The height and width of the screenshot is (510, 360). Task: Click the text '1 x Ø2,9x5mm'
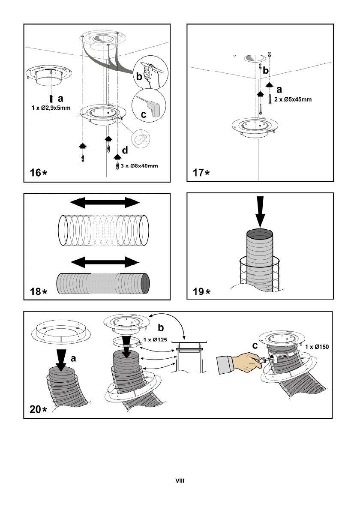[51, 108]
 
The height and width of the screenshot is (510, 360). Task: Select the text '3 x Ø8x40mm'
[139, 166]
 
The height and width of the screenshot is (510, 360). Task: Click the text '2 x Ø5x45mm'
[293, 99]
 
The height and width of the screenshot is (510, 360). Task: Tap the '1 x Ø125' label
[155, 340]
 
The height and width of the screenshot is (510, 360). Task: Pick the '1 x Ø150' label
[317, 347]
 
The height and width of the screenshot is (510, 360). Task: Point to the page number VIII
[180, 481]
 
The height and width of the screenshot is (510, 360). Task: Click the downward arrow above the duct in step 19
[260, 212]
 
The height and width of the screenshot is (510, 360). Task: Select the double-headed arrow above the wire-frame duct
[105, 203]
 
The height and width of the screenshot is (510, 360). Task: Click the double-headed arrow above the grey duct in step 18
[105, 262]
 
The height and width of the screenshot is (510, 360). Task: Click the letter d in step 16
[125, 150]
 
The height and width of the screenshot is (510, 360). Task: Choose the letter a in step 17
[279, 90]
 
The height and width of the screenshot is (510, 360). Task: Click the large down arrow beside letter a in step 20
[61, 360]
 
